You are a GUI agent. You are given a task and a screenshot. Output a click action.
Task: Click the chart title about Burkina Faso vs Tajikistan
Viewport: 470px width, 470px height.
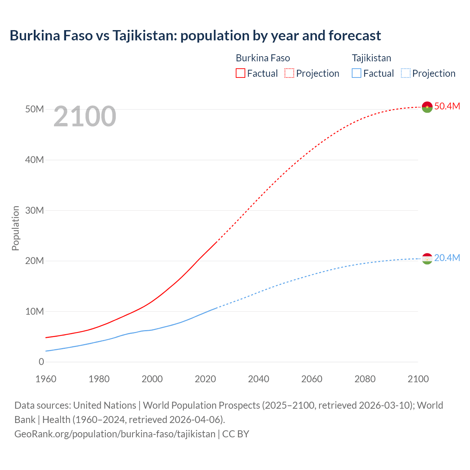pyautogui.click(x=195, y=36)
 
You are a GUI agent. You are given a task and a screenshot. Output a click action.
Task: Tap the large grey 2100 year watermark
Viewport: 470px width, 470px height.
pyautogui.click(x=85, y=116)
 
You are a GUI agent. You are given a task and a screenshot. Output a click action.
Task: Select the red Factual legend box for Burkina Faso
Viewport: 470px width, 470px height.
pyautogui.click(x=240, y=73)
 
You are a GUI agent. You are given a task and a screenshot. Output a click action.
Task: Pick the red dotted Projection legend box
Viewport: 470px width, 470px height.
pyautogui.click(x=289, y=73)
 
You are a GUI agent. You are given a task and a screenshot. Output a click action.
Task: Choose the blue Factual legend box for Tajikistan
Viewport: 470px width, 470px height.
pyautogui.click(x=357, y=73)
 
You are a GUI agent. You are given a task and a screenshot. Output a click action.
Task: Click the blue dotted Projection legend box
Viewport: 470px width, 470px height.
pyautogui.click(x=405, y=73)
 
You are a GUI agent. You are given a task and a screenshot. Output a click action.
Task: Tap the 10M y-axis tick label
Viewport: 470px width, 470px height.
pyautogui.click(x=35, y=311)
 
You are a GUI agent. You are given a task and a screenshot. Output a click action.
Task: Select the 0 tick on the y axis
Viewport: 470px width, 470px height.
pyautogui.click(x=41, y=362)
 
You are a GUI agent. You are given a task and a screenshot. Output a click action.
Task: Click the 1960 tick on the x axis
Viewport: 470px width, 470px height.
pyautogui.click(x=46, y=379)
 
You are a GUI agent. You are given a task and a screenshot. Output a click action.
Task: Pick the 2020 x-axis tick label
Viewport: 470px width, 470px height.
pyautogui.click(x=205, y=379)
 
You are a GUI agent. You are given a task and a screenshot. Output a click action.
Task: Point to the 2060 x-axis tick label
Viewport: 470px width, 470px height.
pyautogui.click(x=312, y=379)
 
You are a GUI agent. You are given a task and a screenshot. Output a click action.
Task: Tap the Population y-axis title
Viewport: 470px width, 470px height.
pyautogui.click(x=15, y=228)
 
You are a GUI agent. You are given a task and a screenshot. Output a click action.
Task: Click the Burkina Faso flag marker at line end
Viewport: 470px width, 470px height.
pyautogui.click(x=427, y=107)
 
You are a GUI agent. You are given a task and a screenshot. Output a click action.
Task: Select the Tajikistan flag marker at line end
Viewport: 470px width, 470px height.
pyautogui.click(x=427, y=259)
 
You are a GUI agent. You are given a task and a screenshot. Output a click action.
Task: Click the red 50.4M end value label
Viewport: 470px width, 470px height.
pyautogui.click(x=447, y=106)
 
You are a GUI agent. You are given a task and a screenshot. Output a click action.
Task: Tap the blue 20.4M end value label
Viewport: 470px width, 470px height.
pyautogui.click(x=447, y=258)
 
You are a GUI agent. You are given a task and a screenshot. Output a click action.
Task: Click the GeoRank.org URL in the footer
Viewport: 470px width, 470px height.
pyautogui.click(x=115, y=434)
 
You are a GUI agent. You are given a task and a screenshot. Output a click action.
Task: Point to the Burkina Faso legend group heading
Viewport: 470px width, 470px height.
pyautogui.click(x=263, y=58)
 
